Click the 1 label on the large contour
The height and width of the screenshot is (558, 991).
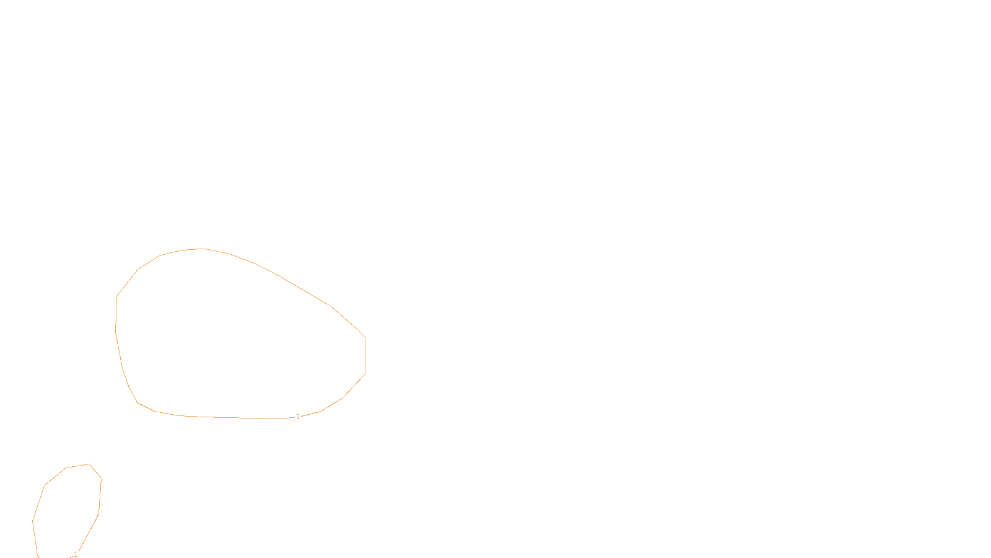[x=298, y=417]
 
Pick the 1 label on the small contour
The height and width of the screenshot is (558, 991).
[x=76, y=554]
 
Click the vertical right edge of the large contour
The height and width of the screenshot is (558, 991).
[x=365, y=355]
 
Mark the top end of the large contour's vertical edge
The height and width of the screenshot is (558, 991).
[x=365, y=337]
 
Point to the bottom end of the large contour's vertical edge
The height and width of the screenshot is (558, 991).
[x=365, y=374]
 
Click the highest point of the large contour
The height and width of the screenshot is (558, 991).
[x=204, y=249]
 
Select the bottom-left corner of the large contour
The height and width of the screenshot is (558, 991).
[x=138, y=402]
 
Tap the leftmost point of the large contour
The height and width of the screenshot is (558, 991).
[x=116, y=331]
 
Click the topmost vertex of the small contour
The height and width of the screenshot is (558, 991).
[x=90, y=464]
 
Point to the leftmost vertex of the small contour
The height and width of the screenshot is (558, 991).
[x=33, y=521]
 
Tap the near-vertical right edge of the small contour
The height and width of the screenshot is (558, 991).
[x=100, y=496]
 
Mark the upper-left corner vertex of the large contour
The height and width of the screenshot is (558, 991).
[x=138, y=270]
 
